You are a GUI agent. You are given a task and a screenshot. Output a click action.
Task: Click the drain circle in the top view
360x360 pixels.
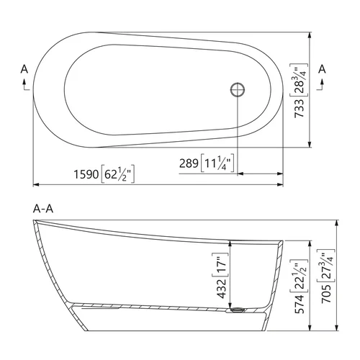pos(238,89)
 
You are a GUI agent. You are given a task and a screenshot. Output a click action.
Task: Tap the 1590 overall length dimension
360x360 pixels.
pos(86,174)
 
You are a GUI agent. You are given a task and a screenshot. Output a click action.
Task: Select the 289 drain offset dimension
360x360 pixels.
pos(189,163)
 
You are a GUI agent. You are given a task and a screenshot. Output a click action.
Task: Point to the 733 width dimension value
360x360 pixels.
pos(299,108)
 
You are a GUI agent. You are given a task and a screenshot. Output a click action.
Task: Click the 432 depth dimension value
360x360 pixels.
pos(222,288)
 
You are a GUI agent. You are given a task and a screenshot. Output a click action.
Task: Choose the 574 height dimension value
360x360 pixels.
pos(300,304)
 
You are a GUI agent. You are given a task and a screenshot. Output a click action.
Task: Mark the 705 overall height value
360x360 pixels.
pos(326,294)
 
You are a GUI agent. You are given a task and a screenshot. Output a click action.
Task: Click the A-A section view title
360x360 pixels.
pos(43,209)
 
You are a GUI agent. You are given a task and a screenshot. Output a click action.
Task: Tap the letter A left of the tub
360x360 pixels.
pos(24,69)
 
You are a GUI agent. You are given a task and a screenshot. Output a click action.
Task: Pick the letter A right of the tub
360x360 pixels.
pos(322,69)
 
